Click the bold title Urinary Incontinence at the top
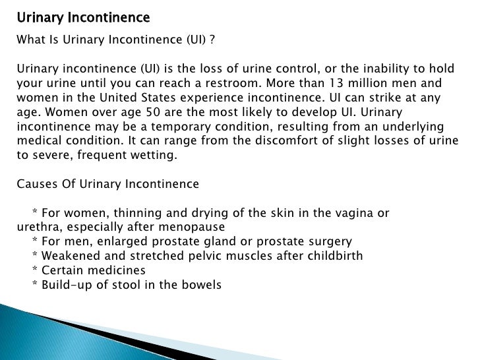tap(83, 16)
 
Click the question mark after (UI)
tap(212, 39)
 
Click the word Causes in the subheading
tap(35, 185)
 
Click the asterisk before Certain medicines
tap(34, 270)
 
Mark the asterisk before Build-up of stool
tap(34, 285)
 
